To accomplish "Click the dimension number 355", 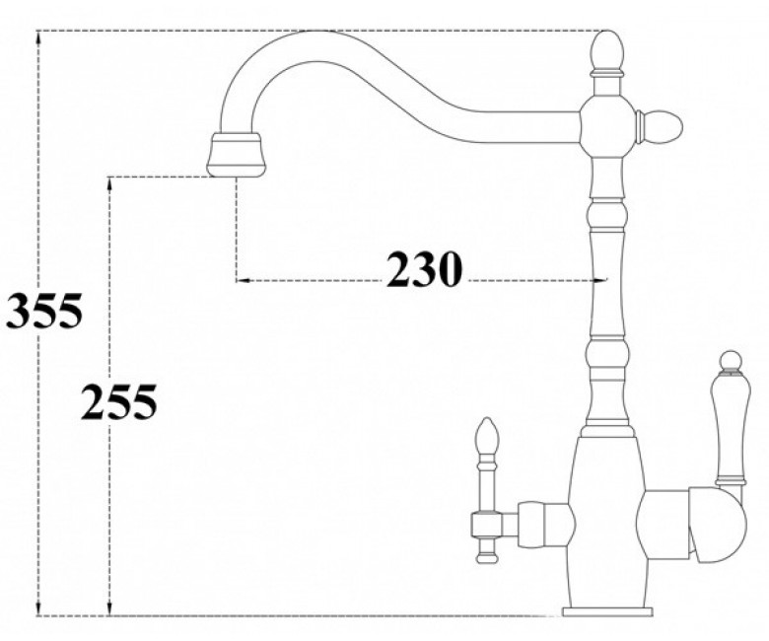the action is (x=43, y=311).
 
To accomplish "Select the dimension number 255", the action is (x=118, y=401).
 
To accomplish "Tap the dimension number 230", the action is (x=424, y=269).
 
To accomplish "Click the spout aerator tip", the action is (x=238, y=154).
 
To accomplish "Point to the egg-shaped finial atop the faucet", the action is (x=607, y=51).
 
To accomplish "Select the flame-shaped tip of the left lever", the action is (x=487, y=436).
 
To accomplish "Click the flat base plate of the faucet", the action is (x=607, y=611).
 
